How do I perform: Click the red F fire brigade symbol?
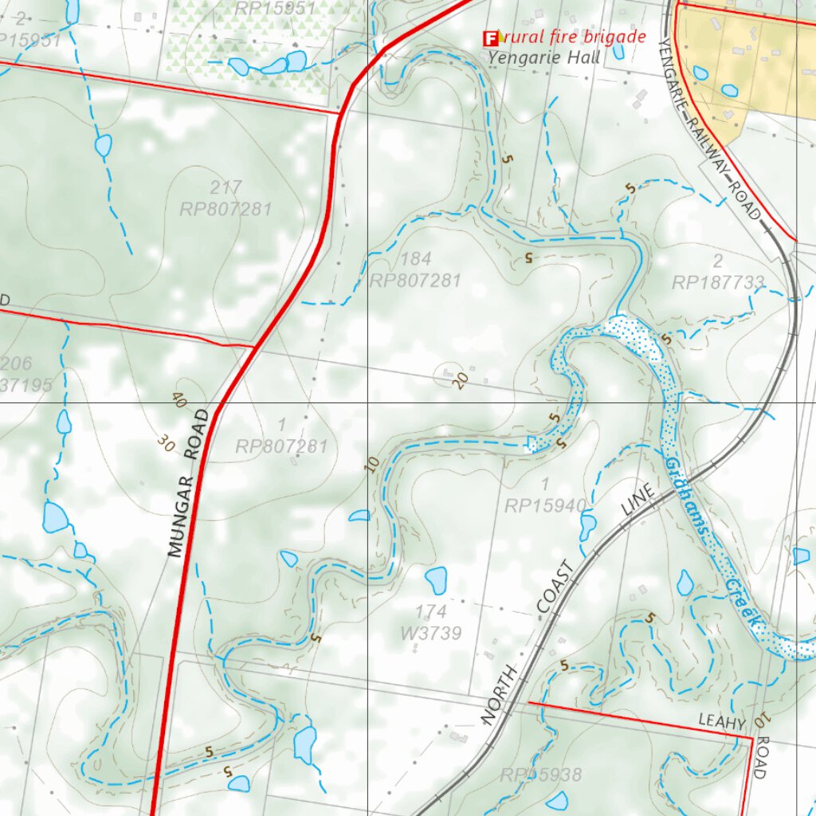point(491,37)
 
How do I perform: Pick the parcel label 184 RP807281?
point(415,270)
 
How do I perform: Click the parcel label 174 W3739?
point(431,622)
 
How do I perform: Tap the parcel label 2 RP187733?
point(717,272)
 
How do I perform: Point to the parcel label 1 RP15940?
point(546,495)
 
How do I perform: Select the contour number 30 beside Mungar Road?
point(167,443)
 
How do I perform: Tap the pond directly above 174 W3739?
point(436,580)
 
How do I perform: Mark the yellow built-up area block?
point(757,64)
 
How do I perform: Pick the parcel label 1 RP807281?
point(281,436)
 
